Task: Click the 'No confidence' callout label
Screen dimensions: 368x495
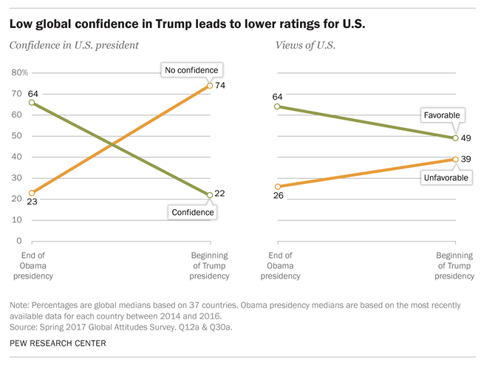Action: point(191,70)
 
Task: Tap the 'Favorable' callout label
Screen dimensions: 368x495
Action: point(441,115)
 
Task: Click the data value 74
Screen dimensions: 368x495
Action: point(221,86)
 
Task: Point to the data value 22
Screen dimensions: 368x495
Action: point(221,194)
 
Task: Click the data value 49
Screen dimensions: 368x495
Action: point(467,137)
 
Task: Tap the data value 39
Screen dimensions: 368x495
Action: point(467,159)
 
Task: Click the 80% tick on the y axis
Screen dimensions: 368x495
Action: point(20,73)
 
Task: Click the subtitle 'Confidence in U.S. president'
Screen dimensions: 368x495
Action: point(73,46)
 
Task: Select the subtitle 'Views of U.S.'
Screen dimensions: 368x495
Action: point(305,46)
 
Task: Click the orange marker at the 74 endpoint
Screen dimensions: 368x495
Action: point(210,86)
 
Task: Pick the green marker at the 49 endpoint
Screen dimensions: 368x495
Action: point(455,137)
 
